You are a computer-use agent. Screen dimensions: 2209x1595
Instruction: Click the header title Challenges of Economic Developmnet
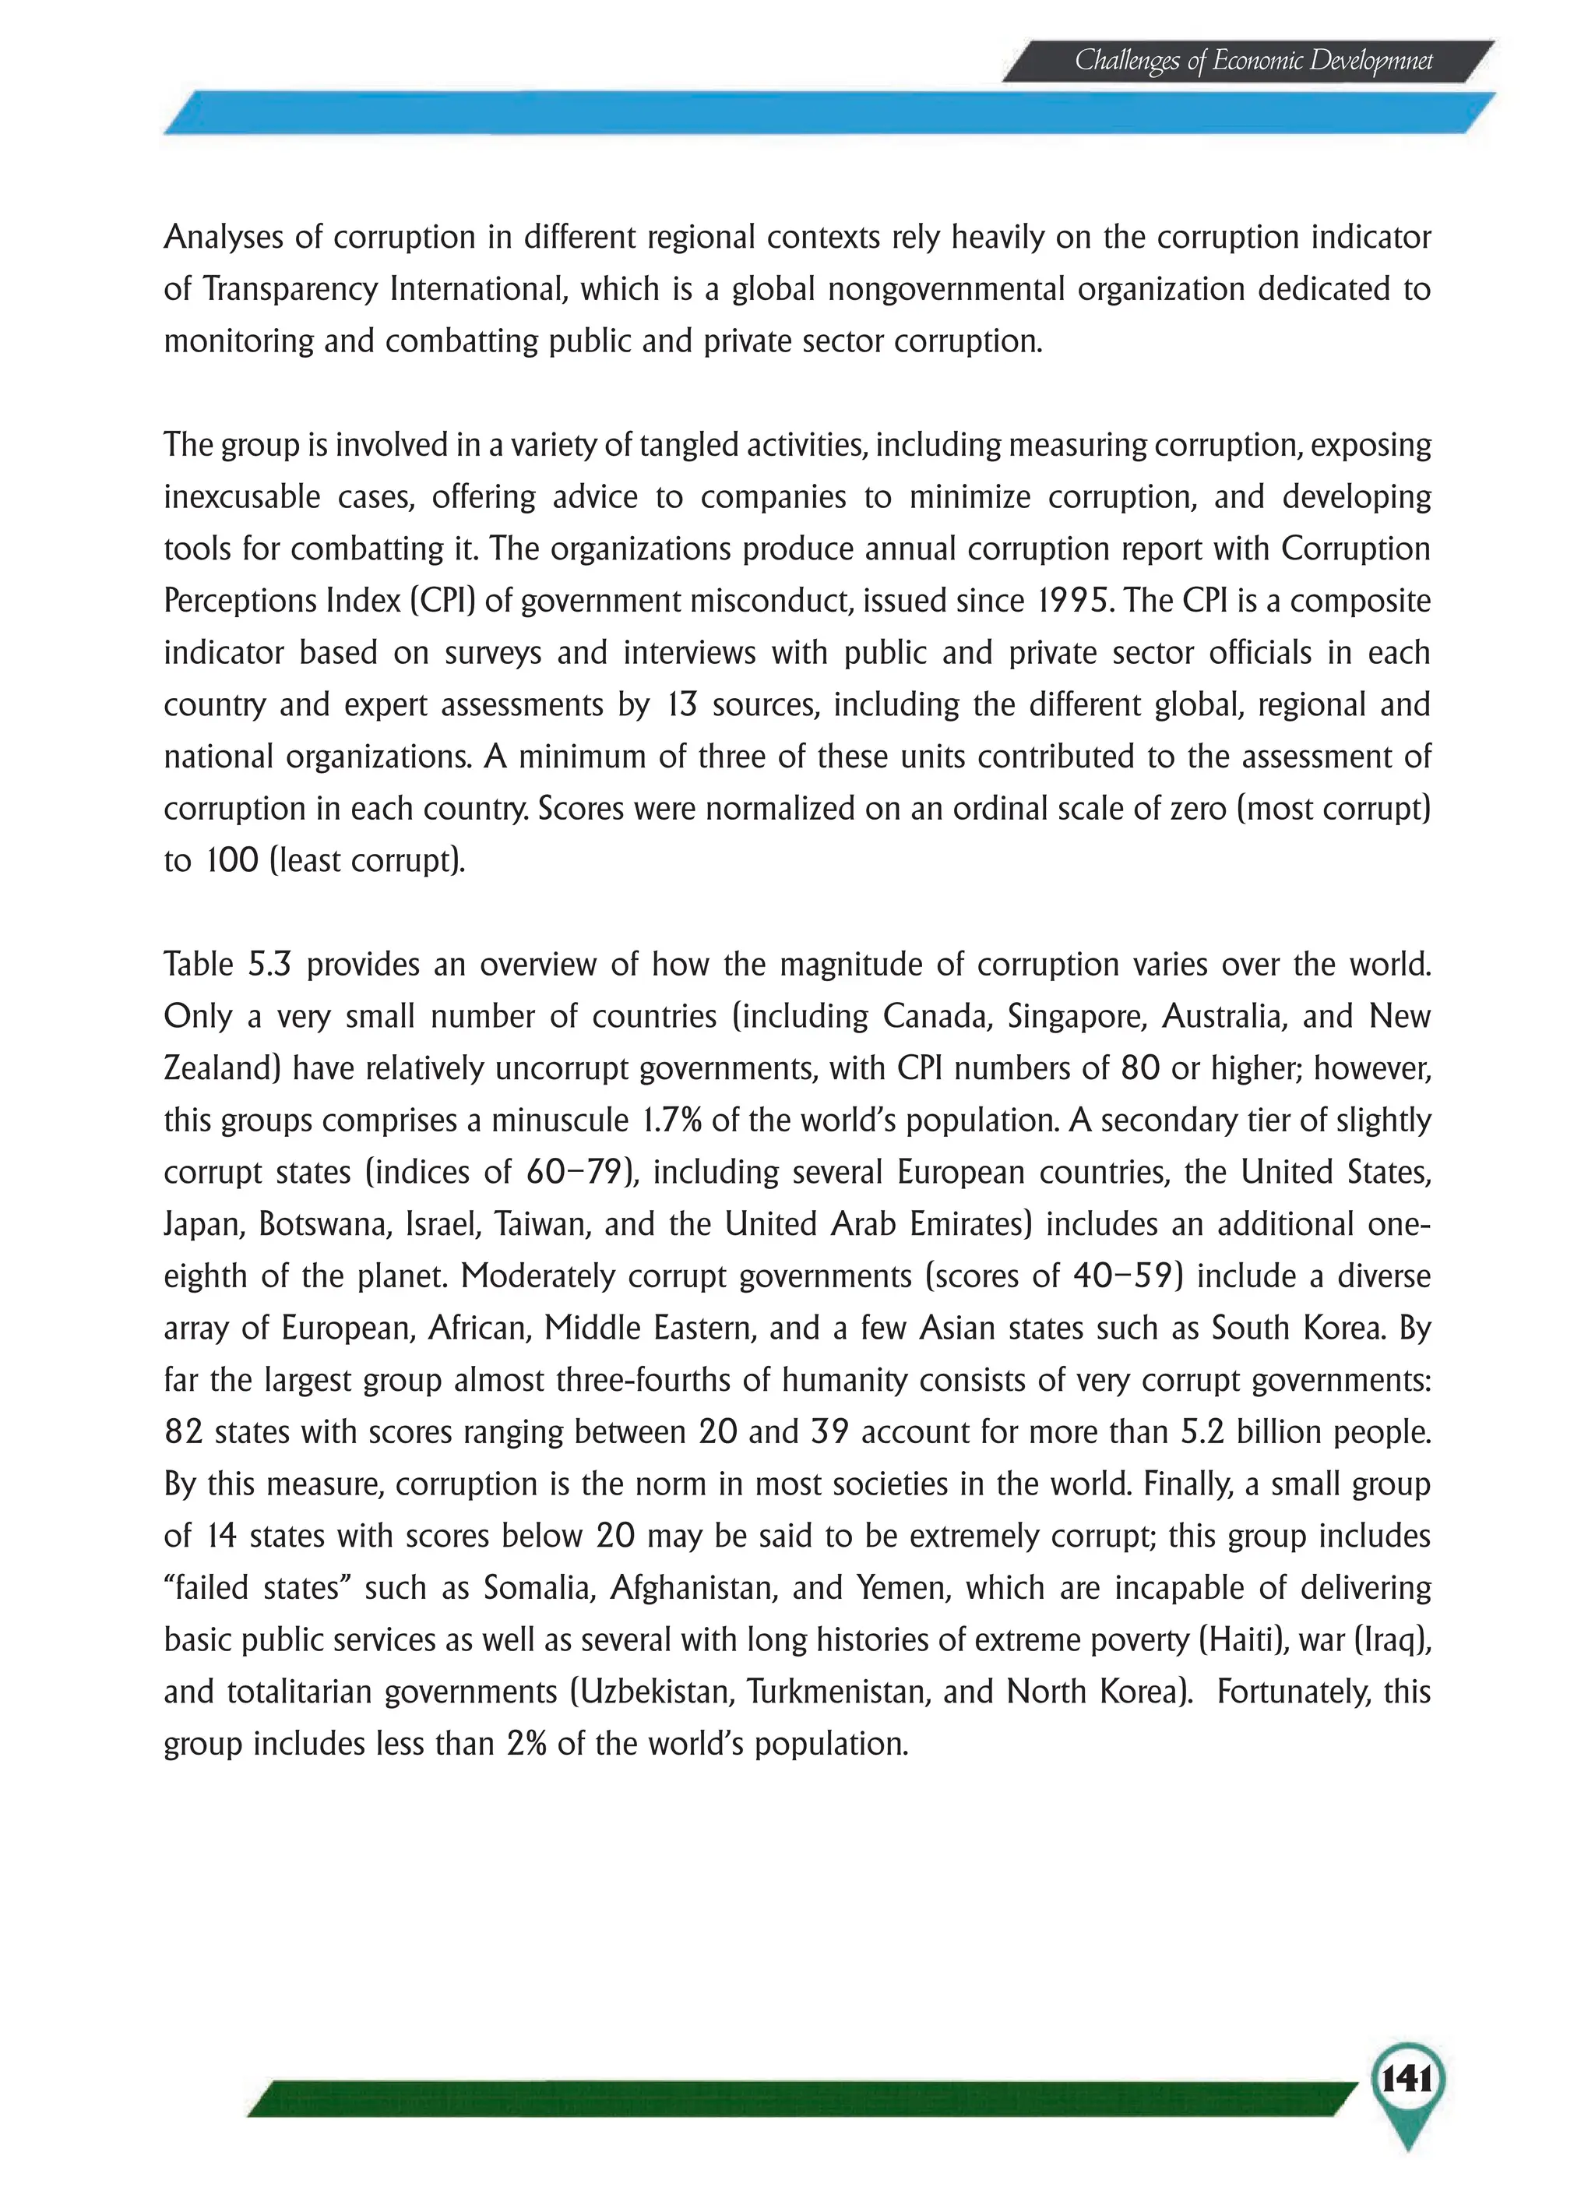1253,62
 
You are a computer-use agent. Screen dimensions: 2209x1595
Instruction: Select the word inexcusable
241,497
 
